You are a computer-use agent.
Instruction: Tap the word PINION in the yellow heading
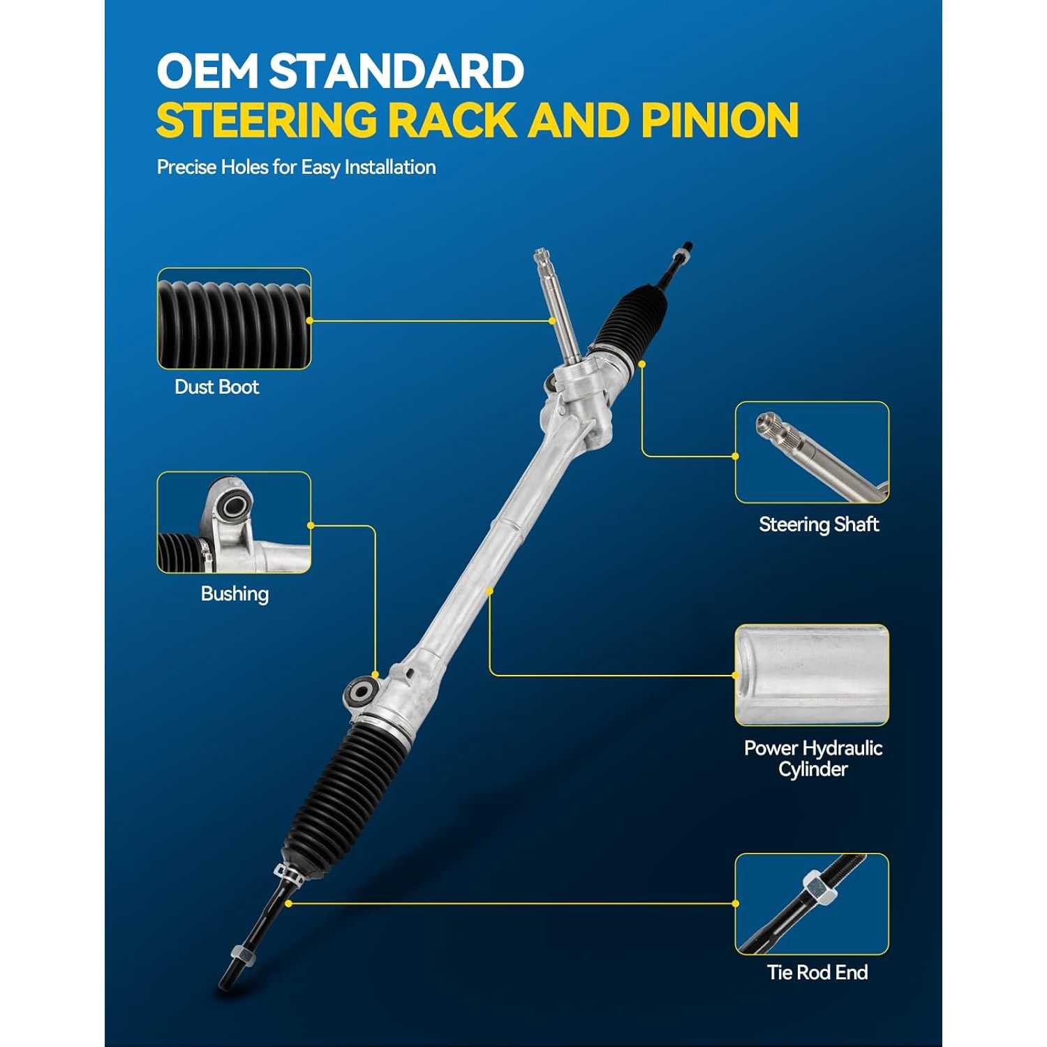click(720, 120)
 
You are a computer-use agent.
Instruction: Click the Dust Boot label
click(216, 387)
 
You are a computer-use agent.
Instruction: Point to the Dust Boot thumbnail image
click(234, 318)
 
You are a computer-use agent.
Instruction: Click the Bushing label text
click(235, 594)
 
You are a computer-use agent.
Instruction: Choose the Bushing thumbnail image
click(234, 522)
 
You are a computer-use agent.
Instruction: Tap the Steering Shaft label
click(819, 524)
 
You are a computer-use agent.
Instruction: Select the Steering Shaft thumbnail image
click(812, 452)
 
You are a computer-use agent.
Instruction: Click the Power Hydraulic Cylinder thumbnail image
click(812, 675)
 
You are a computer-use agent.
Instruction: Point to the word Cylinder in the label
click(813, 769)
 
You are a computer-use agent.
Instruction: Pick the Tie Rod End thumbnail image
click(812, 904)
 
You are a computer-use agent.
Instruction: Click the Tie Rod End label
click(817, 972)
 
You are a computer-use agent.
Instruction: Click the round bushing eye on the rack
click(362, 692)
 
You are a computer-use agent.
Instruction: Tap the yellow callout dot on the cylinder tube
click(490, 591)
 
